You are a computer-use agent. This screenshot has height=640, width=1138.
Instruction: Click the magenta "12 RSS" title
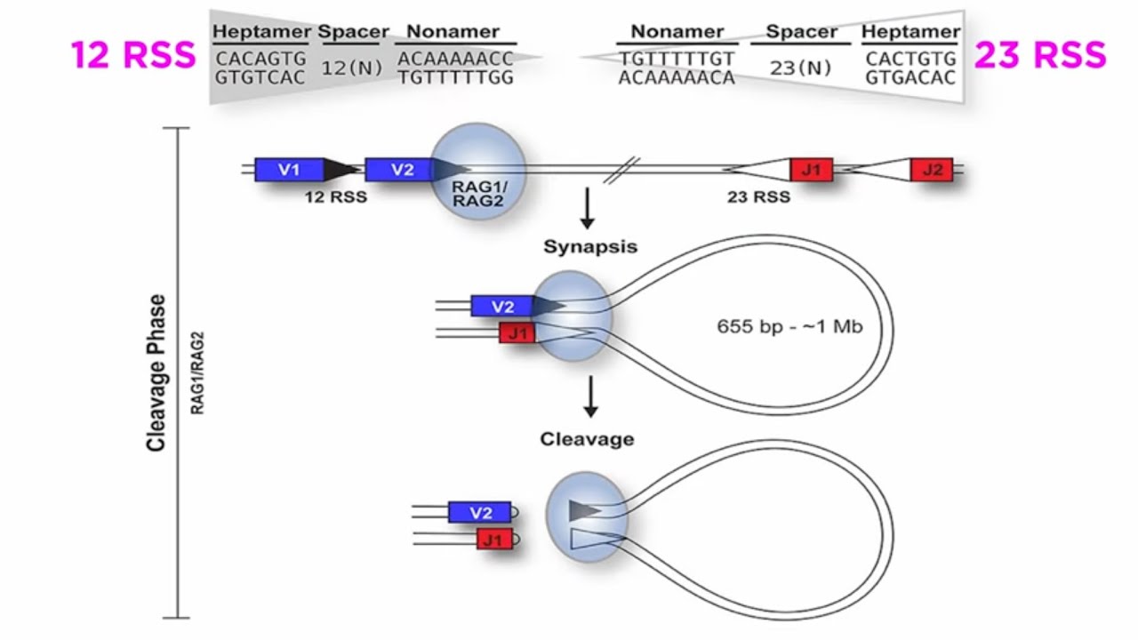[x=133, y=55]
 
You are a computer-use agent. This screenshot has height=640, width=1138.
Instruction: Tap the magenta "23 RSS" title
[x=1040, y=55]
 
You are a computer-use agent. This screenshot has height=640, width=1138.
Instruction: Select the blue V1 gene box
[x=289, y=170]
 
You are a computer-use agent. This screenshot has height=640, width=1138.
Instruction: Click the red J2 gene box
[x=931, y=170]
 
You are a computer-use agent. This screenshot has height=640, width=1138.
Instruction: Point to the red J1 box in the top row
[x=811, y=170]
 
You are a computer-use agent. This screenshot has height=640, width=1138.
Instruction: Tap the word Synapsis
[x=590, y=247]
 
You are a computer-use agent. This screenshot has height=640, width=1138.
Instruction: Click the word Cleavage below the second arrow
[x=587, y=439]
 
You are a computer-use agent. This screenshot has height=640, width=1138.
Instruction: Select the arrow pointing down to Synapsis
[x=587, y=209]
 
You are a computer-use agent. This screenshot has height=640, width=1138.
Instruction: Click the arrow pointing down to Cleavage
[x=589, y=396]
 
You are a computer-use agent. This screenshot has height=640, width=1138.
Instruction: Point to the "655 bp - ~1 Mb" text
[x=789, y=326]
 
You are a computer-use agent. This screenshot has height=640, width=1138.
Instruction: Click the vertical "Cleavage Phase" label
[x=157, y=372]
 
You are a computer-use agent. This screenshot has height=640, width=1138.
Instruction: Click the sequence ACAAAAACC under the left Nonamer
[x=456, y=59]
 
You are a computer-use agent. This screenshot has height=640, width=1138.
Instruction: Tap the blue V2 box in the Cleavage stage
[x=480, y=513]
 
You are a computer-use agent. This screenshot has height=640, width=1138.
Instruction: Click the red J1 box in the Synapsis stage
[x=517, y=334]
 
